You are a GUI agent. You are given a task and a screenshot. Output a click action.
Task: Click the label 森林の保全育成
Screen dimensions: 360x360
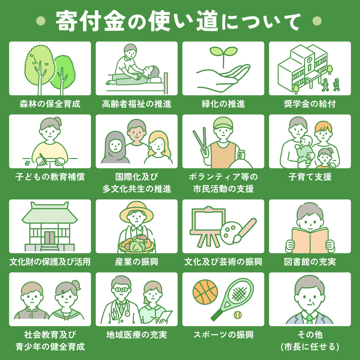pyautogui.click(x=50, y=104)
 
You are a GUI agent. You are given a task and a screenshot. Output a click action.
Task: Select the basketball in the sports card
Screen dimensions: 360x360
pyautogui.click(x=205, y=292)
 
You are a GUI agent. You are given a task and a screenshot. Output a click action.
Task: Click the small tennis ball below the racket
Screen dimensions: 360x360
pyautogui.click(x=237, y=315)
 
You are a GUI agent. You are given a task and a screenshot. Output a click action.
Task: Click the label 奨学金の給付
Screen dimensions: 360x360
pyautogui.click(x=310, y=104)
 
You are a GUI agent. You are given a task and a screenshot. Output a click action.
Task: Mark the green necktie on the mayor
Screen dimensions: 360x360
pyautogui.click(x=309, y=319)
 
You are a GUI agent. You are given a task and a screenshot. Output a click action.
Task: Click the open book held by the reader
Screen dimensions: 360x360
pyautogui.click(x=310, y=240)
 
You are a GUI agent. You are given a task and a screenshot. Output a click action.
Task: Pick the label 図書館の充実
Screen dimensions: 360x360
pyautogui.click(x=310, y=262)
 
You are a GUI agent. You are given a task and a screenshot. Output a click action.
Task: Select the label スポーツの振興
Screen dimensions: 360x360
pyautogui.click(x=223, y=335)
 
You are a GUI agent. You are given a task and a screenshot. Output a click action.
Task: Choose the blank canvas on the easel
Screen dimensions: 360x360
pyautogui.click(x=208, y=221)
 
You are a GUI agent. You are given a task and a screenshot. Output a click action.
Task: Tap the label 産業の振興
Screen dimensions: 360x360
pyautogui.click(x=137, y=262)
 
